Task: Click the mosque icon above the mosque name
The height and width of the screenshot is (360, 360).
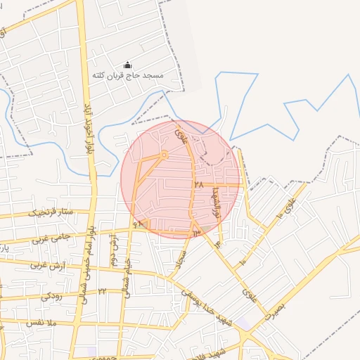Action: point(127,64)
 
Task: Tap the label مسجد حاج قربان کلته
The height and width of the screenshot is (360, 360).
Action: point(127,75)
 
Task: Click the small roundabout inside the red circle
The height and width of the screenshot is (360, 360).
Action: point(164,154)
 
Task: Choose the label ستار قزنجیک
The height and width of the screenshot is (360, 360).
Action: point(51,211)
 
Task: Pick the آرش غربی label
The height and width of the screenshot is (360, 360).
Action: point(46,266)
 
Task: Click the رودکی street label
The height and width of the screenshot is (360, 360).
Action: point(51,296)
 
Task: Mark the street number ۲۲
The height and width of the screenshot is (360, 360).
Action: point(102,290)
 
